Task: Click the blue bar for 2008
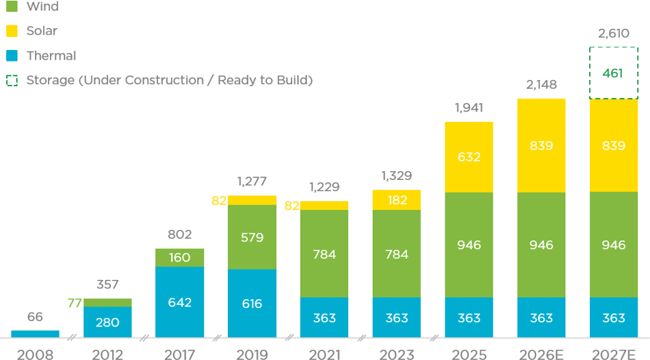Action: tap(35, 334)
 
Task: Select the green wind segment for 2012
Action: tap(107, 303)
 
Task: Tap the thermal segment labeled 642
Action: tap(179, 302)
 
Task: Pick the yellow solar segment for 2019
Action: tap(252, 201)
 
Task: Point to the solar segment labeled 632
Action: tap(469, 157)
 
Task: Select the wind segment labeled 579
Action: tap(252, 237)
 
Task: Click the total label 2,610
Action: tap(614, 33)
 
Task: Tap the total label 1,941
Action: tap(469, 108)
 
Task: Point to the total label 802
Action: tap(179, 235)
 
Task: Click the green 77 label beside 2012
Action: tap(75, 303)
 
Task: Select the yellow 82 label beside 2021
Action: tap(292, 206)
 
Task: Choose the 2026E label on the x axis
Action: tap(541, 355)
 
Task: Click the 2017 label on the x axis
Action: tap(179, 355)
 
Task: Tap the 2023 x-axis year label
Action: tap(397, 355)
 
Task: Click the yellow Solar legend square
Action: tap(12, 31)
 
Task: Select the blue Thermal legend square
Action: tap(12, 55)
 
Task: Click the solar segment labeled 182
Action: tap(397, 201)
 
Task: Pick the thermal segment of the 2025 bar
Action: tap(469, 318)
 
